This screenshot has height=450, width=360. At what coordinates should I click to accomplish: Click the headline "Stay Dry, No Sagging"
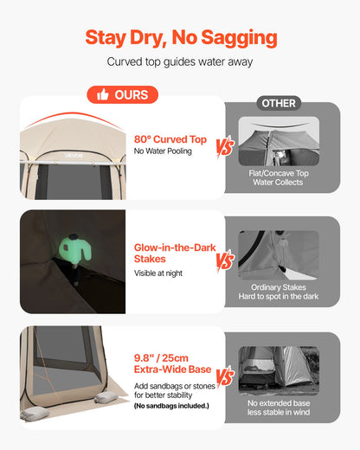pos(181,38)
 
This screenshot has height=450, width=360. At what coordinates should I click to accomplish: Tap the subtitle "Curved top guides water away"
pos(180,61)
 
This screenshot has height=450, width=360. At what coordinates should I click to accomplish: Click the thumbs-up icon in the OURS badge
pos(103,94)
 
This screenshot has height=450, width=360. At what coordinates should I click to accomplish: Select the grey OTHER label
pos(279,103)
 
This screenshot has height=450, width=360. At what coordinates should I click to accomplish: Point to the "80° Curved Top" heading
pos(170,139)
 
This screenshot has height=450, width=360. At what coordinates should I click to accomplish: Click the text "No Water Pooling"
pos(163,151)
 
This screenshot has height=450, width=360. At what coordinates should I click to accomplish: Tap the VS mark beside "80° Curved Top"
pos(225,147)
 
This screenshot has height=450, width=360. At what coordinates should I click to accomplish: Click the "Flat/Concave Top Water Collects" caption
pos(279,177)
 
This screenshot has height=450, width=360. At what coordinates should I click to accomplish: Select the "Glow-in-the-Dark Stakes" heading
pos(175,253)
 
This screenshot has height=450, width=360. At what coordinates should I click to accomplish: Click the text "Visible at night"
pos(158,273)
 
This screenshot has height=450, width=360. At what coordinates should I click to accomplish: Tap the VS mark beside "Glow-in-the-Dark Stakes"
pos(225,261)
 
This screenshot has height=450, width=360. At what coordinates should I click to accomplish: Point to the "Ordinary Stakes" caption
pos(279,287)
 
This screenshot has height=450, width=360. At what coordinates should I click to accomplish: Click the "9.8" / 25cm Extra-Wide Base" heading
pos(172,363)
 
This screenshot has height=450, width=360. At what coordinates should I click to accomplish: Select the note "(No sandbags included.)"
pos(171,406)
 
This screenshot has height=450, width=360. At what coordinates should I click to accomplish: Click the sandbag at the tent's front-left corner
pos(35,414)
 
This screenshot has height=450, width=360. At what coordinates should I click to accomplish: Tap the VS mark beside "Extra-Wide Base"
pos(225,376)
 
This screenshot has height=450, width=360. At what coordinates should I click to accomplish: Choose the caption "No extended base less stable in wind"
pos(279,408)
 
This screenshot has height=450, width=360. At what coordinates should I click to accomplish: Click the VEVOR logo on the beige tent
pos(74,156)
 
